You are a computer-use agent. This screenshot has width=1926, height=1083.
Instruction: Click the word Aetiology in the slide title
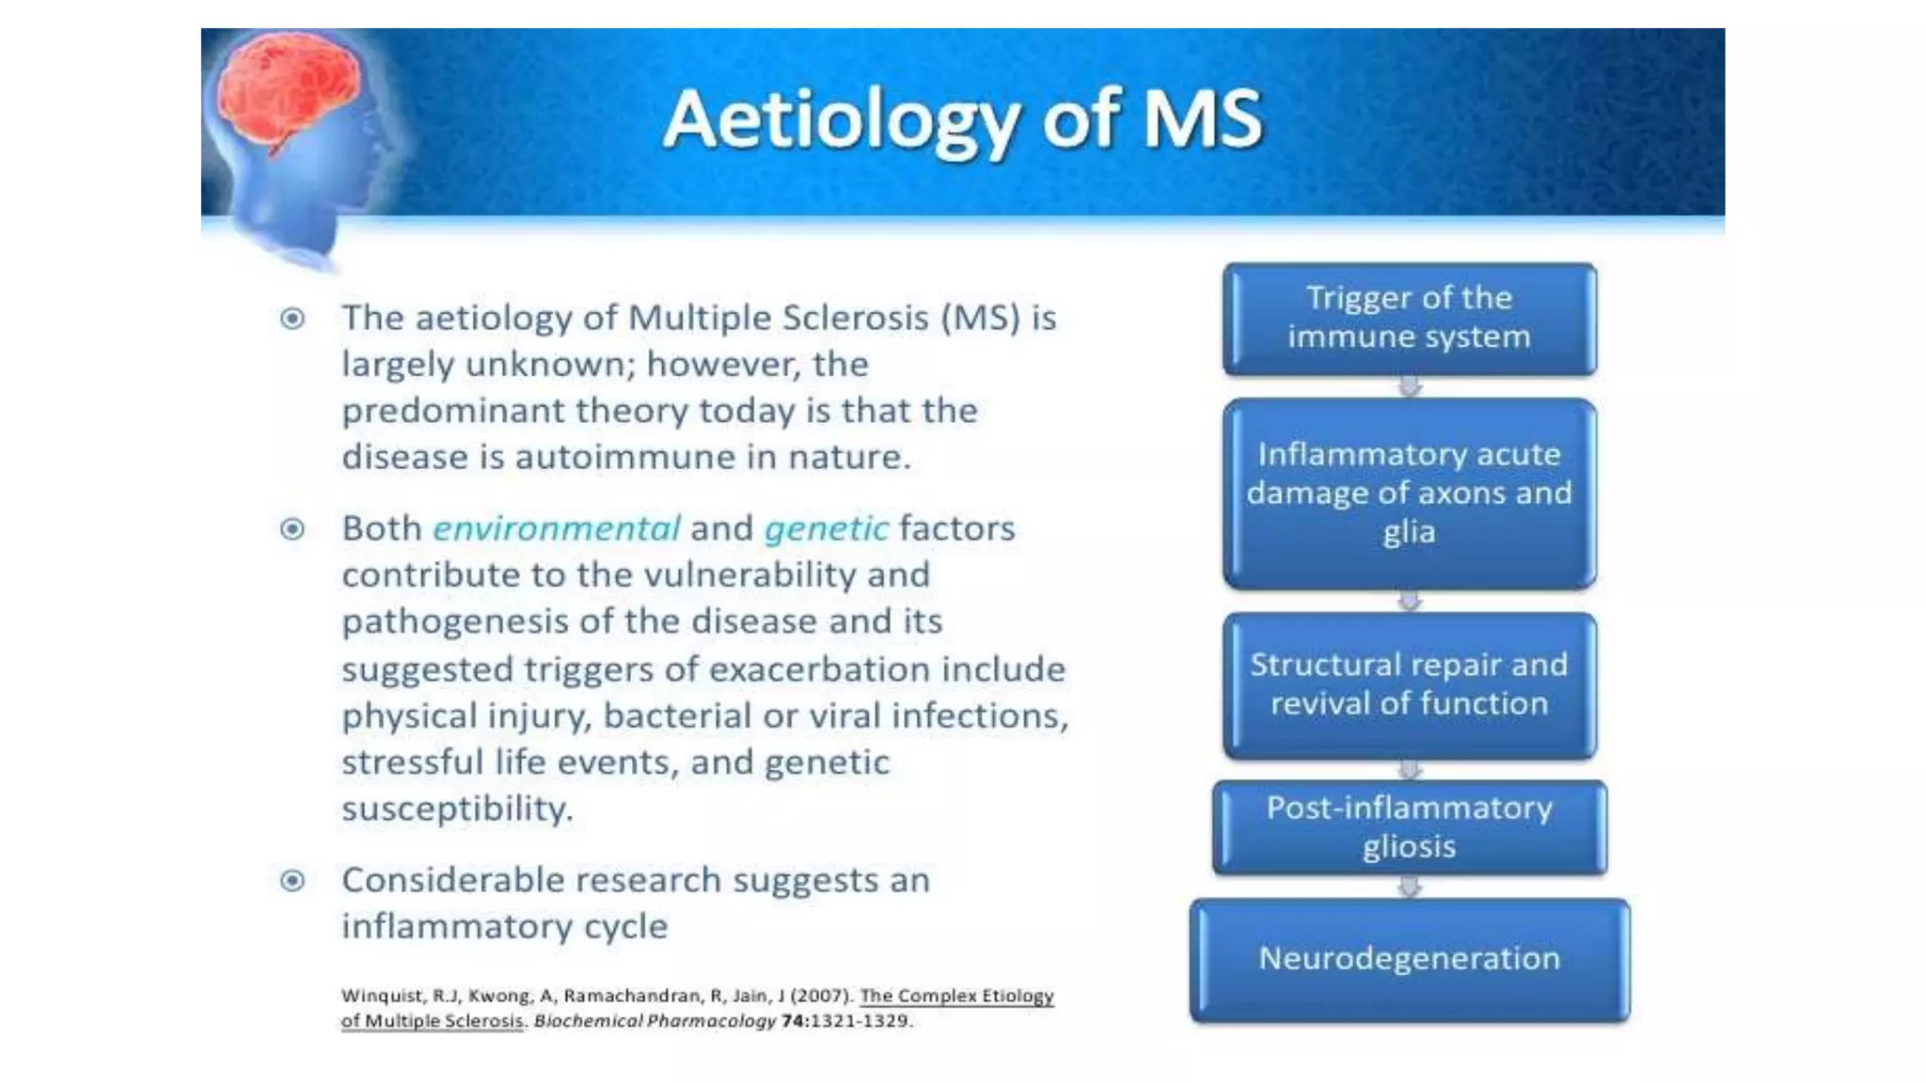[841, 120]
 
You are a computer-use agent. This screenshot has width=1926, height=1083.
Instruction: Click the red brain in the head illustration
[287, 89]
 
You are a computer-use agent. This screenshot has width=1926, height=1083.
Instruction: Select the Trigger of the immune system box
[1409, 318]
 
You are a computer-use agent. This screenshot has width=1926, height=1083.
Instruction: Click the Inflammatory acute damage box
[1409, 493]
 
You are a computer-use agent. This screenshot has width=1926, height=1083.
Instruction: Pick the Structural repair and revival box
[1409, 684]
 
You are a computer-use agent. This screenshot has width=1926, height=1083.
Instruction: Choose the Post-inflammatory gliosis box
[1409, 827]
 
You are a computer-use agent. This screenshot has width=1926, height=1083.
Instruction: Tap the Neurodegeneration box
[1409, 959]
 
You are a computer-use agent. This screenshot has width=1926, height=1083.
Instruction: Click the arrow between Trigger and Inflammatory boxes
[1409, 386]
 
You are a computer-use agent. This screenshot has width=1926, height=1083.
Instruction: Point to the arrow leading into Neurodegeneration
[1409, 887]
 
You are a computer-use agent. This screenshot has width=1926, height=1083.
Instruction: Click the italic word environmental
[556, 528]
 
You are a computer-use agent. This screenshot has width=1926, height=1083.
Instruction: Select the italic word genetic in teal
[826, 529]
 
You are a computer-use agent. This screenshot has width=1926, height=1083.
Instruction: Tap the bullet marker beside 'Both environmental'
[292, 528]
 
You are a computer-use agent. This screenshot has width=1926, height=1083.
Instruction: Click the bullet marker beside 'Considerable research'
[292, 880]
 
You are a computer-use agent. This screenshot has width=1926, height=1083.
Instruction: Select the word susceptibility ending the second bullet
[457, 808]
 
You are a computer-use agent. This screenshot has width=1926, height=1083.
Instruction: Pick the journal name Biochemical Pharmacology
[655, 1021]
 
